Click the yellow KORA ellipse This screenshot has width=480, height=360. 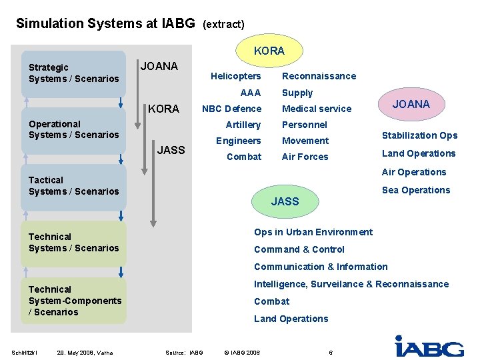pos(269,51)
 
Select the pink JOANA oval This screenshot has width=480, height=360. pos(411,104)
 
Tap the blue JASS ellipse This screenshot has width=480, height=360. pos(285,201)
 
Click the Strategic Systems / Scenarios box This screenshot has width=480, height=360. pos(73,73)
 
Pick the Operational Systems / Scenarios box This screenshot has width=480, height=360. pos(73,129)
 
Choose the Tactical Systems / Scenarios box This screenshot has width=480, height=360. pos(73,186)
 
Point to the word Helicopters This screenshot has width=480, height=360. pos(236,76)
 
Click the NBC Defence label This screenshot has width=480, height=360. pos(232,109)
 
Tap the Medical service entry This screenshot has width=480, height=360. pos(317,109)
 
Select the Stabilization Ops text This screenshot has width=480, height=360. pos(419,135)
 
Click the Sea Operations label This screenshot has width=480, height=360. pos(416,190)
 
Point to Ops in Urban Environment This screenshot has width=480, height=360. pos(313,232)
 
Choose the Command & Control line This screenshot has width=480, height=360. pos(299,249)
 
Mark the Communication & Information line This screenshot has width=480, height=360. pos(321,267)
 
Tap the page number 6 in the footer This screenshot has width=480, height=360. pos(331,352)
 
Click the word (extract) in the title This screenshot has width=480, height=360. pos(223,24)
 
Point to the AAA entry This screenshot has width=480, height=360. pos(251,93)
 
